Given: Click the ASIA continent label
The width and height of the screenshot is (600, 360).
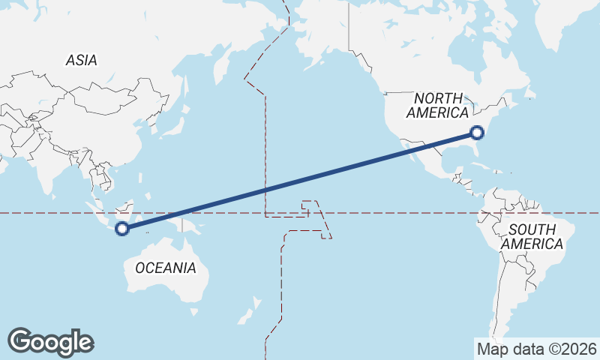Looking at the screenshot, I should pyautogui.click(x=81, y=61).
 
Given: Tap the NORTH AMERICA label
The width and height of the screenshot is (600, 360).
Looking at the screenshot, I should pyautogui.click(x=437, y=105).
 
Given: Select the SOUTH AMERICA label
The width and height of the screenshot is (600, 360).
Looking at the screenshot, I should pyautogui.click(x=532, y=237).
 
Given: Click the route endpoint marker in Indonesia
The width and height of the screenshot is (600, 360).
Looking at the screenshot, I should pyautogui.click(x=122, y=229).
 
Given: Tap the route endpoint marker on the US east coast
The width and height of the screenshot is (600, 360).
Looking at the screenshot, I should pyautogui.click(x=477, y=133).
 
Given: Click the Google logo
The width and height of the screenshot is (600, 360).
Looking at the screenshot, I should pyautogui.click(x=50, y=342).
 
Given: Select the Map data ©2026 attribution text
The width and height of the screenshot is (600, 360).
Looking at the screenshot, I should pyautogui.click(x=536, y=349).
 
